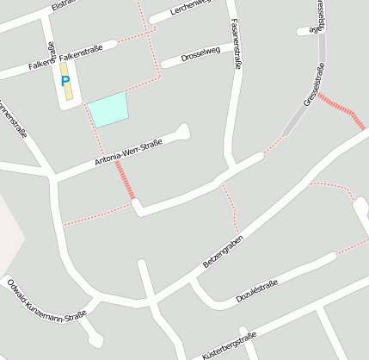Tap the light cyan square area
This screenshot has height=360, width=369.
click(108, 109)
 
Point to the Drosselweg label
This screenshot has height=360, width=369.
click(202, 55)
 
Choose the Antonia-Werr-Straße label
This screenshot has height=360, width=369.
click(127, 152)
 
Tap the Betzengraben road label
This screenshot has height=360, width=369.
click(224, 250)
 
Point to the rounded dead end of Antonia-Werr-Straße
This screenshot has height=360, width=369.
click(181, 131)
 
